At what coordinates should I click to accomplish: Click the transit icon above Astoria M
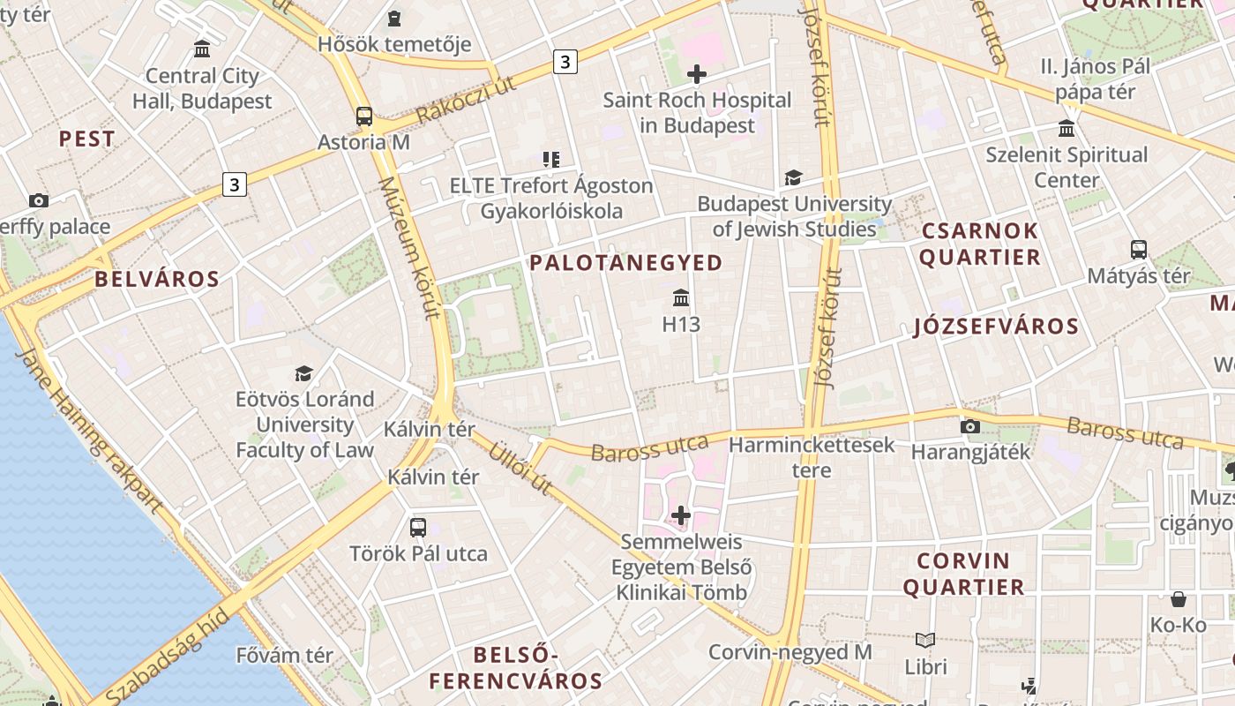pos(363,116)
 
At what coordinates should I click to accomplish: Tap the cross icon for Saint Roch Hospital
pos(697,74)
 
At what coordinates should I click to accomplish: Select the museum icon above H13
pos(681,298)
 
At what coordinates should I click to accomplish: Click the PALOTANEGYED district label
pos(626,263)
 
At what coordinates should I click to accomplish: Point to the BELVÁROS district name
pos(157,280)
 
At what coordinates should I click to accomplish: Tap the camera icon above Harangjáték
pos(970,427)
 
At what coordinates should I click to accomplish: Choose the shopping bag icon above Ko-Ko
pos(1179,600)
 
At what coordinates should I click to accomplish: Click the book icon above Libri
pos(925,641)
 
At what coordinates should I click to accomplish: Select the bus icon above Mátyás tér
pos(1139,250)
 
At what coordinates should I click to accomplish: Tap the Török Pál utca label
pos(418,554)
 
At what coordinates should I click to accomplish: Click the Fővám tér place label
pos(284,656)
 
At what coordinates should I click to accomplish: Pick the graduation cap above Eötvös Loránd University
pos(304,373)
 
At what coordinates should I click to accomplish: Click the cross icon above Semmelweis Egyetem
pos(681,514)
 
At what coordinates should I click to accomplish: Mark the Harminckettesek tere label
pos(812,457)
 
